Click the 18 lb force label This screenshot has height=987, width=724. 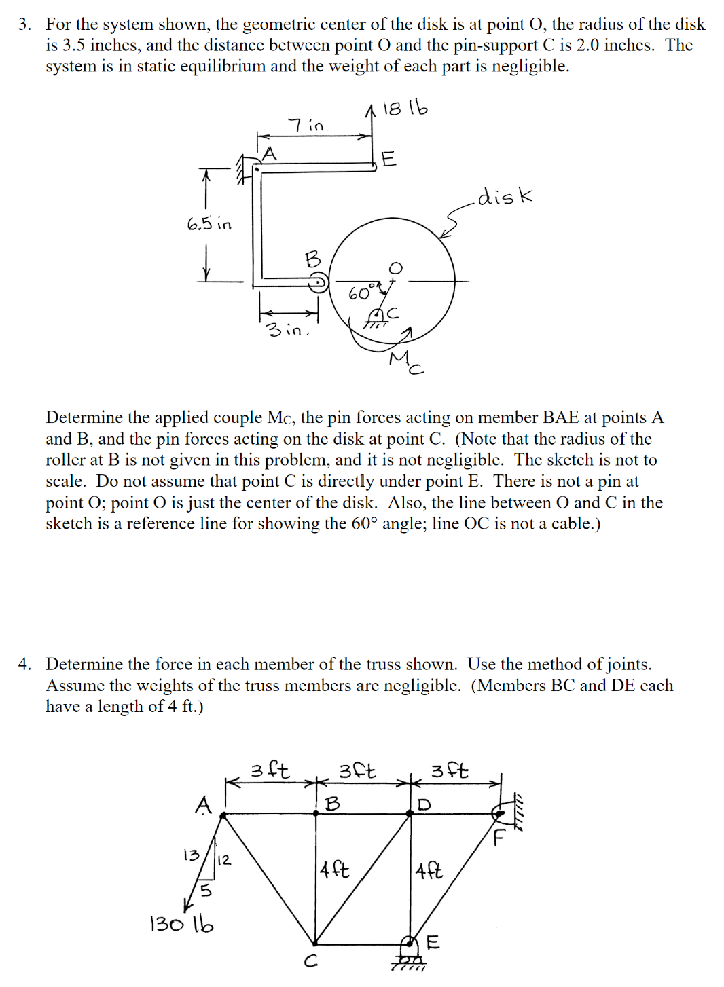point(405,109)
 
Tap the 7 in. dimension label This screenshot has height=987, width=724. point(308,126)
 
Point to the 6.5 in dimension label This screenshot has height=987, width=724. point(209,224)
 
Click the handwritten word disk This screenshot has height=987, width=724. point(505,197)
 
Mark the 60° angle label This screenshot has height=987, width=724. point(361,293)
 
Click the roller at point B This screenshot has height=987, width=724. point(317,282)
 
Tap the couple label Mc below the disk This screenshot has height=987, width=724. point(405,361)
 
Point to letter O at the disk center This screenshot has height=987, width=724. point(395,268)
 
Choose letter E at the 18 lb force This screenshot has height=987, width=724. point(388,159)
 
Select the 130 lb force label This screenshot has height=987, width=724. point(181,924)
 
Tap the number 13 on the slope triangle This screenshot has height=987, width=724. point(191,855)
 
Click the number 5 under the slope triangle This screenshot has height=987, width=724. point(206,890)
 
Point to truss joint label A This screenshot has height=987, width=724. point(203,805)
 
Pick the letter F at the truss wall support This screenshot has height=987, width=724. point(499,838)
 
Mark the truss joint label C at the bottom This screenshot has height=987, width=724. point(310,961)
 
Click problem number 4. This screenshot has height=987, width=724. point(24,664)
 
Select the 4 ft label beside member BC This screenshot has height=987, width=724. point(334,870)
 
